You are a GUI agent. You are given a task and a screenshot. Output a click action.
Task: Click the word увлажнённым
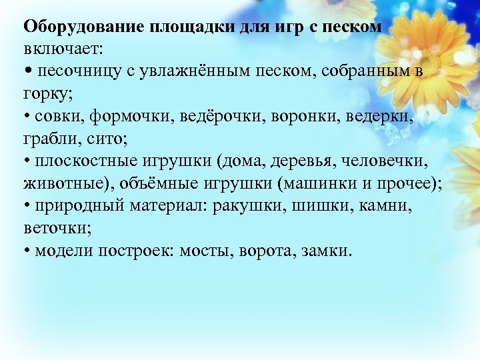point(195,71)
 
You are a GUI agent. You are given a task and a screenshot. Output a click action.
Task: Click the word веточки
point(50,229)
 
